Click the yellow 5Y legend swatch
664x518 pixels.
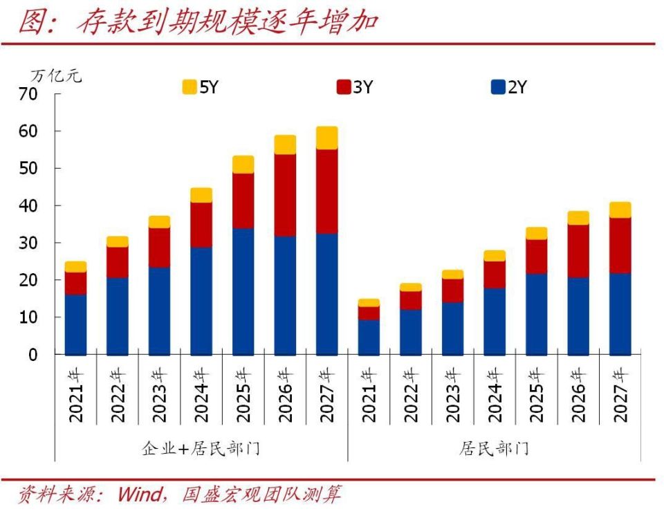pos(189,87)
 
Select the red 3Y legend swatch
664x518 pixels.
pos(344,87)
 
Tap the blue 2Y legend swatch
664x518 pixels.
pos(498,87)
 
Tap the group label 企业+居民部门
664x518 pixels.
pos(201,448)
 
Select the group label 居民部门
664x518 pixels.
pos(494,448)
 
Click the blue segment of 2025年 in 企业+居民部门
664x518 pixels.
pos(243,291)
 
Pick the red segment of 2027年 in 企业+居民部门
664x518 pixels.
pos(326,191)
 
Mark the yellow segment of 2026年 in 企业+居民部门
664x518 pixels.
pos(285,145)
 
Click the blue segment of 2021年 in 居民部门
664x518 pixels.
pos(369,337)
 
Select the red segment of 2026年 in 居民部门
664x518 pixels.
pos(578,251)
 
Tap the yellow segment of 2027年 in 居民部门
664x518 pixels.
pos(620,210)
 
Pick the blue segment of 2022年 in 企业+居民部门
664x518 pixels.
pos(117,316)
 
